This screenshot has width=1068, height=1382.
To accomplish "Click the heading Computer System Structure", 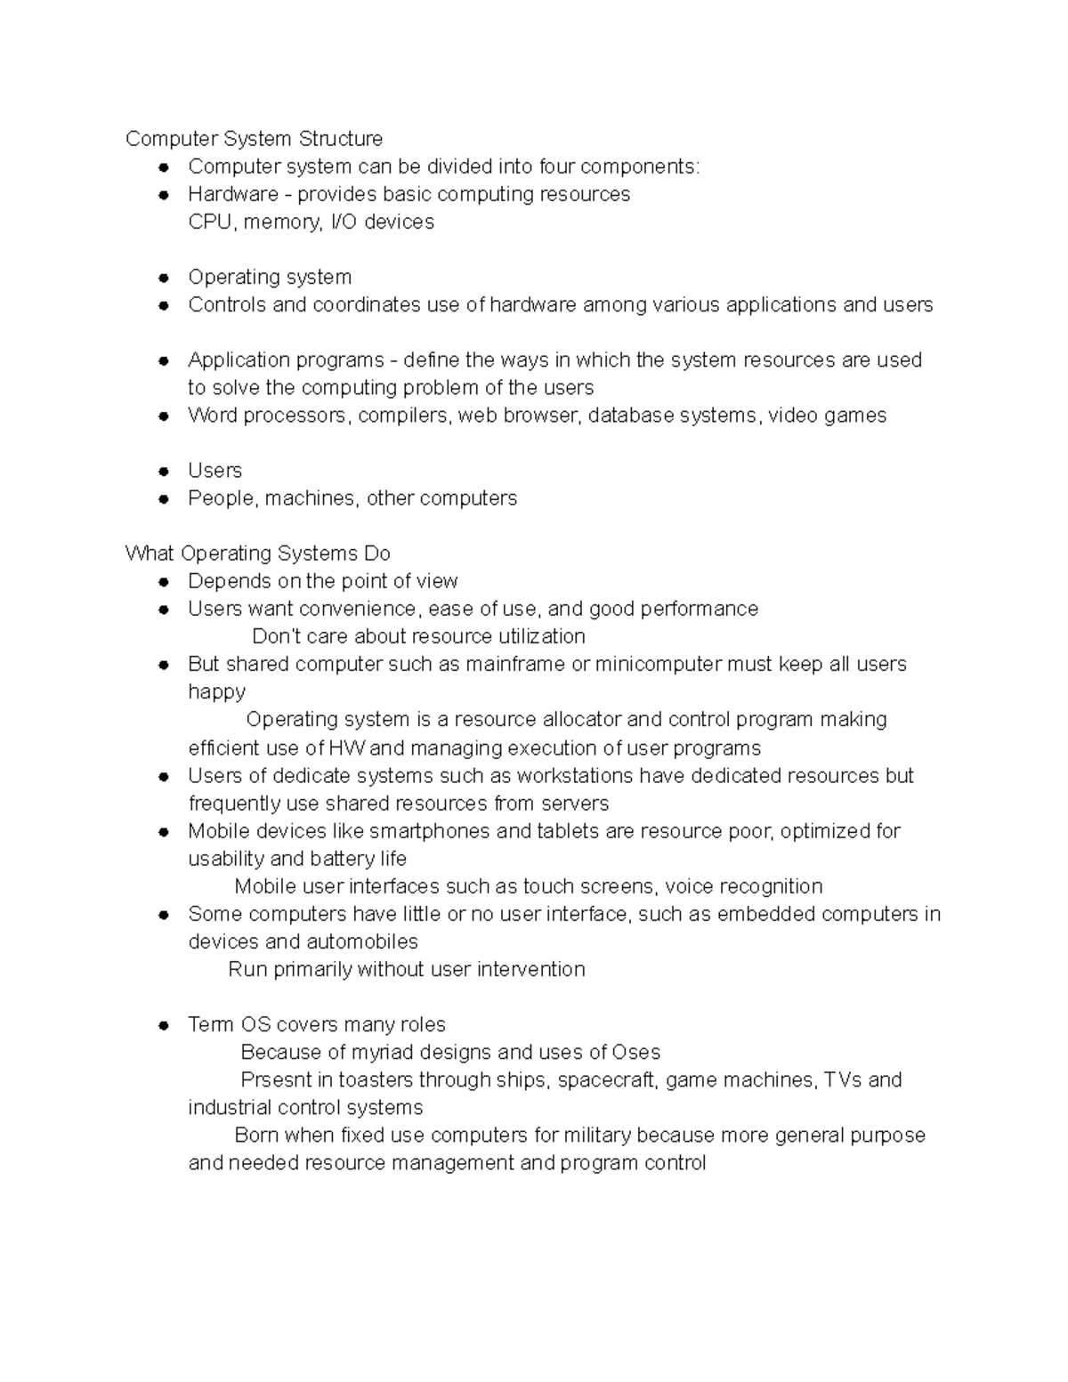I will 254,139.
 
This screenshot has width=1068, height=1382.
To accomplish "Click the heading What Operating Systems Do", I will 257,554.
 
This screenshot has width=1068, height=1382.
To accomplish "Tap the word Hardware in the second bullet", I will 232,194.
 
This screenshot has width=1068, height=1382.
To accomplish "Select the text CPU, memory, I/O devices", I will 311,222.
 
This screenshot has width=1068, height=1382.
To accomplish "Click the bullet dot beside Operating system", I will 164,278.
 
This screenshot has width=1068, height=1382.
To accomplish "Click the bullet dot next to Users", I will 164,472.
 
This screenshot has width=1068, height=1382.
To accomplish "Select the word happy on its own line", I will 216,691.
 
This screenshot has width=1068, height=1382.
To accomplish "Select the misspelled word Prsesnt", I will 276,1079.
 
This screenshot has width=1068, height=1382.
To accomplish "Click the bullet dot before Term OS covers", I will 164,1025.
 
